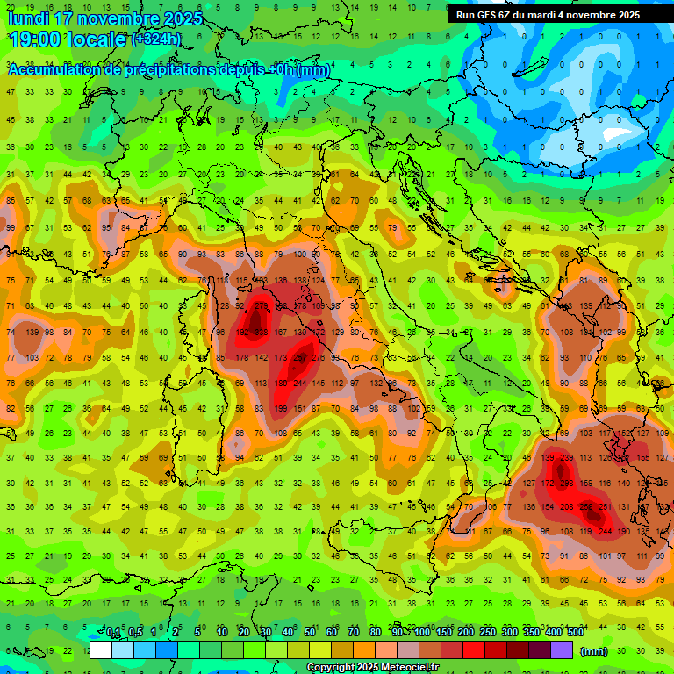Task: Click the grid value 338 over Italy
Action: tap(262, 332)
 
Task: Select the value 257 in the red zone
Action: tap(300, 358)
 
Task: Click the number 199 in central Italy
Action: tap(281, 409)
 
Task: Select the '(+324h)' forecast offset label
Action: tap(156, 39)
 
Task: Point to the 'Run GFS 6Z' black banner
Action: tap(548, 15)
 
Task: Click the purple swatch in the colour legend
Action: tap(562, 649)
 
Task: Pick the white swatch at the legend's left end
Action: tap(101, 649)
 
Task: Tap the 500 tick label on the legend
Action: tap(575, 633)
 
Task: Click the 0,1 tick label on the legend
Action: tap(113, 633)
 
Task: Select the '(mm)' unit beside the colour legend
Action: tap(594, 651)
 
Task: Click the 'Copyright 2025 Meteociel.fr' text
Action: tap(372, 667)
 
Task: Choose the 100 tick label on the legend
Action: tap(422, 633)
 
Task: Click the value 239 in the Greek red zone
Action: tap(568, 457)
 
